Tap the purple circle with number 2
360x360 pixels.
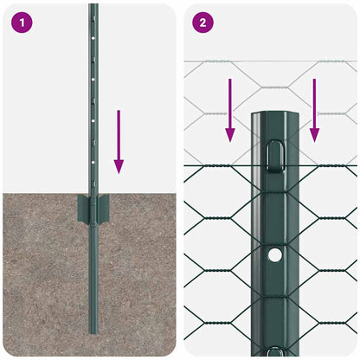(x=202, y=22)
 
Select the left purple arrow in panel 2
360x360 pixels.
(x=230, y=110)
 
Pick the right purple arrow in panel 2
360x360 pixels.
(x=314, y=110)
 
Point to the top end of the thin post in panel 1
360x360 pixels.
(x=93, y=6)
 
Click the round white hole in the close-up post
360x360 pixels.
(x=274, y=255)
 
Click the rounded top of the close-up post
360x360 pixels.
(x=274, y=114)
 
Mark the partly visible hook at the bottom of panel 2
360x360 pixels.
(x=274, y=351)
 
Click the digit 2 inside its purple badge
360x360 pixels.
(x=202, y=22)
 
